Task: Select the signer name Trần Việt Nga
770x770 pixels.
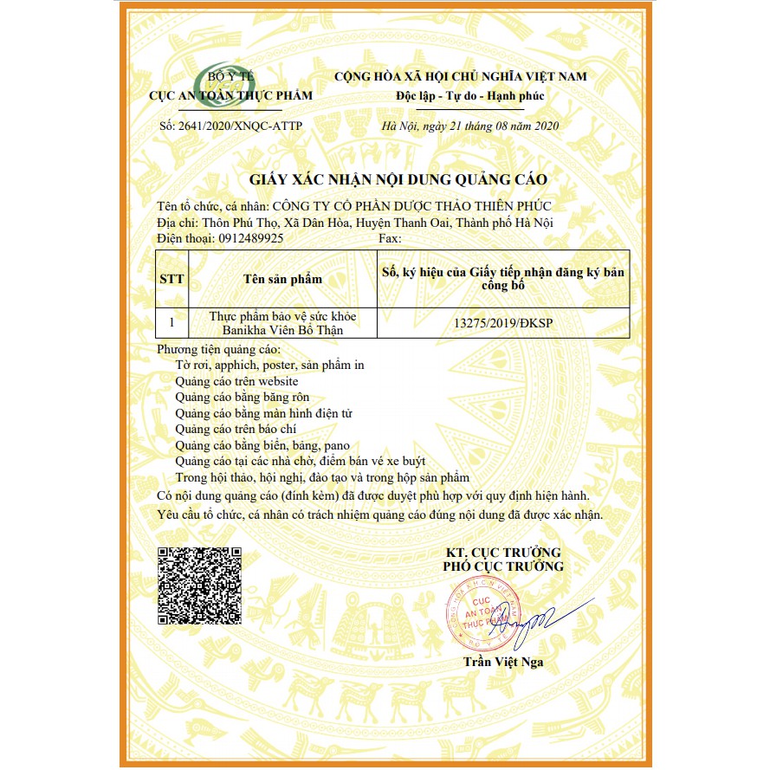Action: [502, 663]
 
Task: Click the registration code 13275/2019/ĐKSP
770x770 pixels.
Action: [502, 322]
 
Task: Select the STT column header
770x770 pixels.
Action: [171, 279]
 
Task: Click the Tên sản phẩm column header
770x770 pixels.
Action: [282, 279]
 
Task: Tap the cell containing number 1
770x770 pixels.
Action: [171, 322]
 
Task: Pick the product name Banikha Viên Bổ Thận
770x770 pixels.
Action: [282, 329]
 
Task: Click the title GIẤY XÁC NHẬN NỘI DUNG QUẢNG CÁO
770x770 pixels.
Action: [398, 179]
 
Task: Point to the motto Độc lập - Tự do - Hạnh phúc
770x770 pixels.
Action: [460, 95]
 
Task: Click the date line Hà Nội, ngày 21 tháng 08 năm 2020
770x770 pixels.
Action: [471, 126]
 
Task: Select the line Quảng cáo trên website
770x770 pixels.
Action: [236, 381]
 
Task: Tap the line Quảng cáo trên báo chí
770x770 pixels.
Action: [234, 429]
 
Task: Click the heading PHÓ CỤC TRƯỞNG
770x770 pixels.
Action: [502, 566]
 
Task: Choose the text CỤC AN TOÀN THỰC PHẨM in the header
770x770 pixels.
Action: [230, 95]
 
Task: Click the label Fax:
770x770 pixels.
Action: [391, 237]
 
